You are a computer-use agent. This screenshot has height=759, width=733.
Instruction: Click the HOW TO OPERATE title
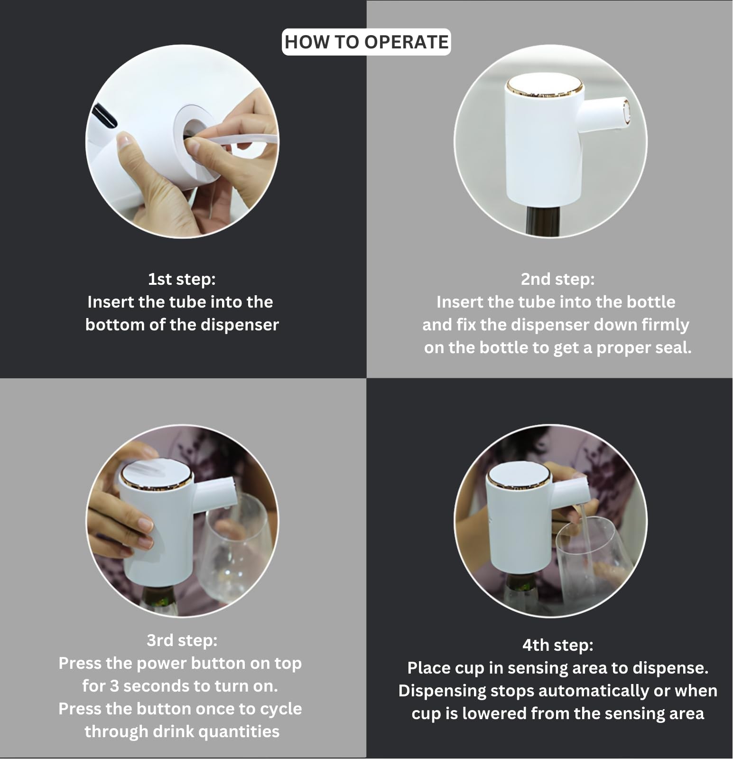(366, 42)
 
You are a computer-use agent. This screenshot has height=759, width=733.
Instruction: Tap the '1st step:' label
(182, 279)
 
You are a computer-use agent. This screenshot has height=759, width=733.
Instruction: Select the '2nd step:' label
(557, 279)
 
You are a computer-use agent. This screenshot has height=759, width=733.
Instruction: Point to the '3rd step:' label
(182, 640)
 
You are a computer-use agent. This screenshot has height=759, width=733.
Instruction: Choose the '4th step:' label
(558, 645)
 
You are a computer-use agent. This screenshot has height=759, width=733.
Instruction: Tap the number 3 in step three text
(114, 686)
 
